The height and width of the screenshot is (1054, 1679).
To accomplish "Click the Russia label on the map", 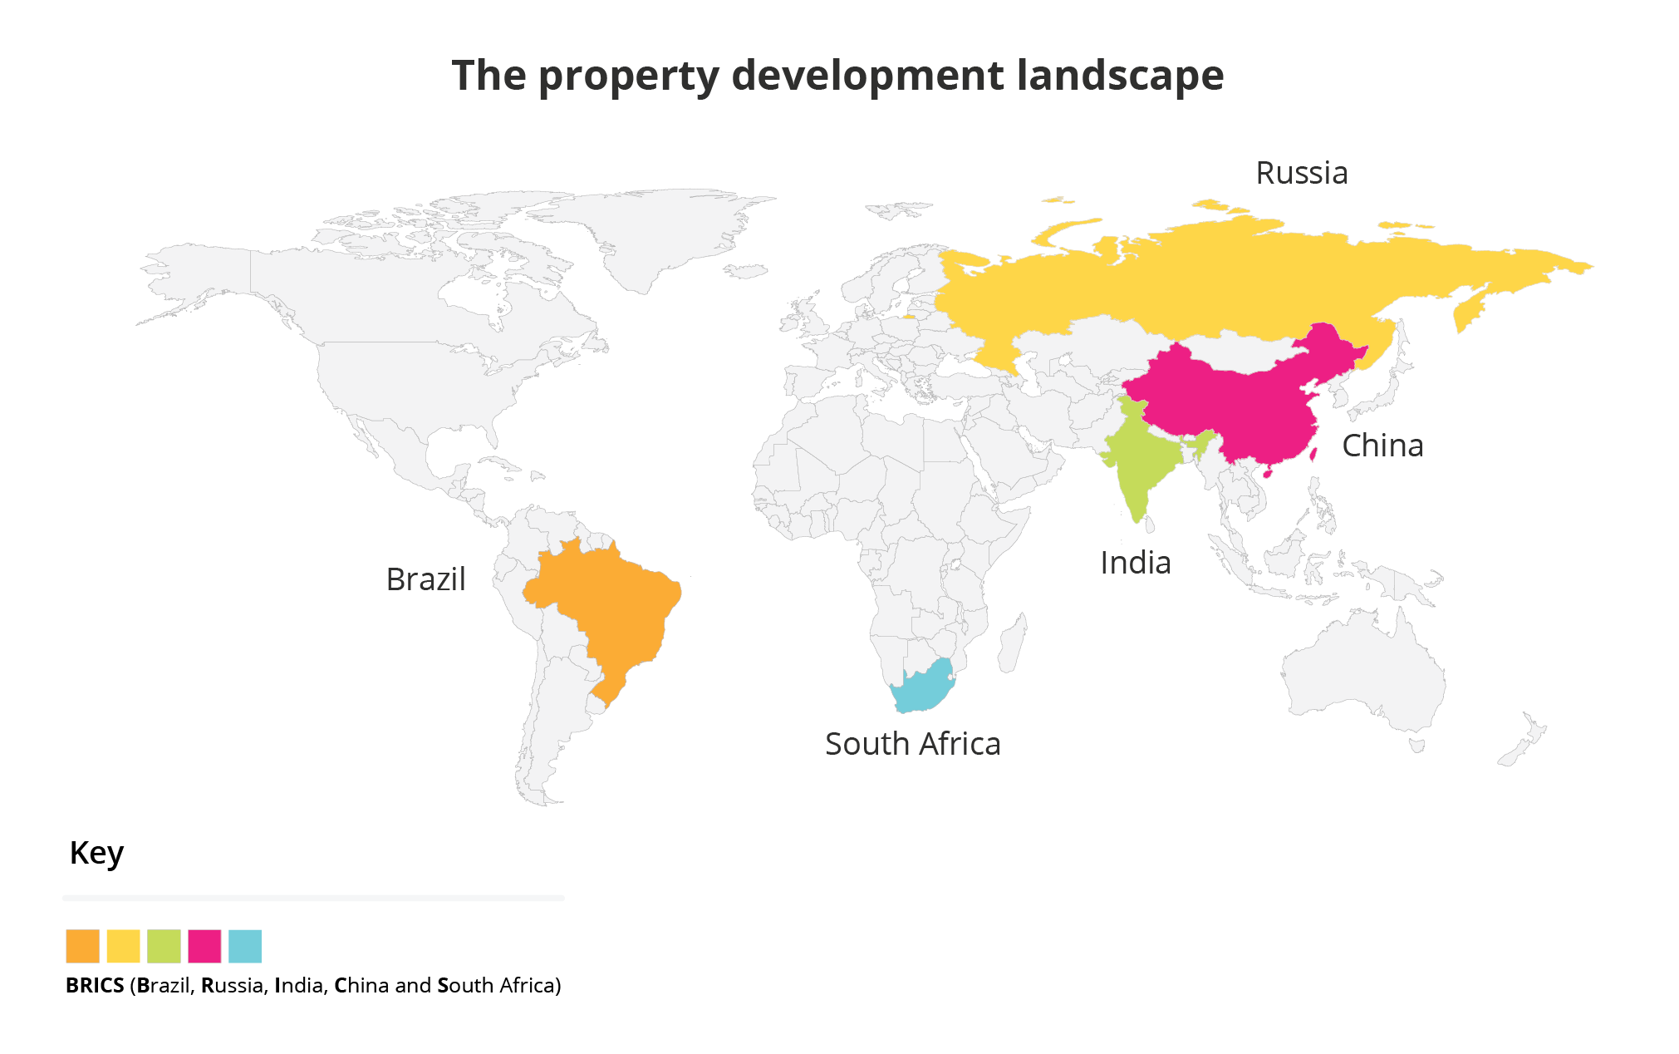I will [x=1301, y=173].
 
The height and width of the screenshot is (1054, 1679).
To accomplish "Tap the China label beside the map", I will [x=1382, y=446].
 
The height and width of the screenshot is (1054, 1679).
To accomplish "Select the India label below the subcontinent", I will [x=1135, y=563].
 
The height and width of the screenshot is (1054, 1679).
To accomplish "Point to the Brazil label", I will [x=425, y=579].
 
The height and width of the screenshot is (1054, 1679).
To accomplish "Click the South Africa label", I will [x=912, y=744].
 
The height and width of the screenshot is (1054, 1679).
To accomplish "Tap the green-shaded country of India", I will [x=1138, y=465].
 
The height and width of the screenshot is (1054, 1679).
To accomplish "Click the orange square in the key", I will [x=82, y=946].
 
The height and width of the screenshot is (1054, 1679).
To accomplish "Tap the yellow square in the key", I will [x=123, y=946].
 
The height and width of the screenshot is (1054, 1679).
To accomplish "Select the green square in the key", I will [x=164, y=946].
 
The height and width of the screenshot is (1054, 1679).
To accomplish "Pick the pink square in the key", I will [x=204, y=946].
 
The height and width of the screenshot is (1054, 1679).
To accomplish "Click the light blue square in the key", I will [x=245, y=946].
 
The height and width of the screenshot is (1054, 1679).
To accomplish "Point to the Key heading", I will [x=96, y=853].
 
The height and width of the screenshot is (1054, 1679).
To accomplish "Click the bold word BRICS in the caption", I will [x=95, y=985].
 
